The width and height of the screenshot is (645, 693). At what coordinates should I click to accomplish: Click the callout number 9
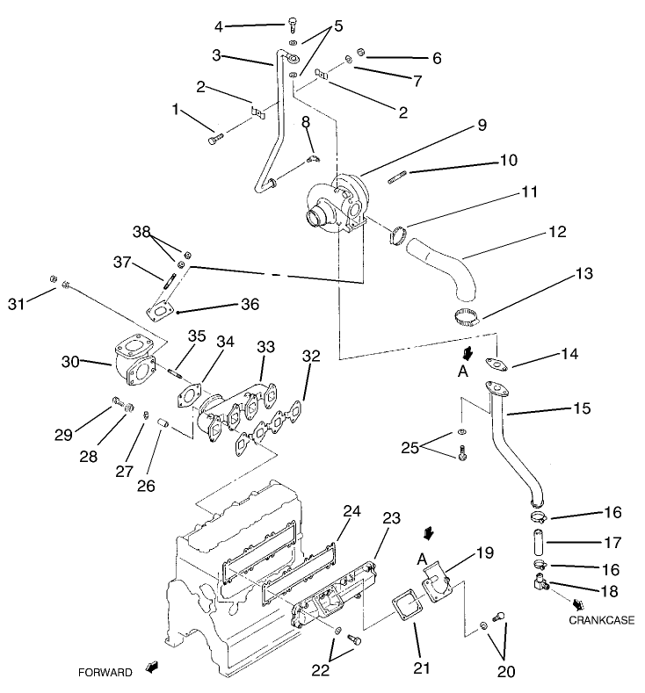[x=481, y=126]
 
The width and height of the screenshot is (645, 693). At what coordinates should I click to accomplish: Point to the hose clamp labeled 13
[x=469, y=319]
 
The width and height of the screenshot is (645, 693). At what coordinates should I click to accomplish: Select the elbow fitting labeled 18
[x=538, y=582]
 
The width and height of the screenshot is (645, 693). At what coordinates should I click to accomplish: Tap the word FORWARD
[x=105, y=673]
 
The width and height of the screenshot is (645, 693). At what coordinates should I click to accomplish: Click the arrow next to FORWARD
[x=153, y=668]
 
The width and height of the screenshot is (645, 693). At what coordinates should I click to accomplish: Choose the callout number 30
[x=70, y=360]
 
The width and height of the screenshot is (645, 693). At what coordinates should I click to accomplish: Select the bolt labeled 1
[x=214, y=139]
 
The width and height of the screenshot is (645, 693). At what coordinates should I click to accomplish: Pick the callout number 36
[x=250, y=304]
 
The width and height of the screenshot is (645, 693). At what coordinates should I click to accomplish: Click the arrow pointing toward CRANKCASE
[x=580, y=604]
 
